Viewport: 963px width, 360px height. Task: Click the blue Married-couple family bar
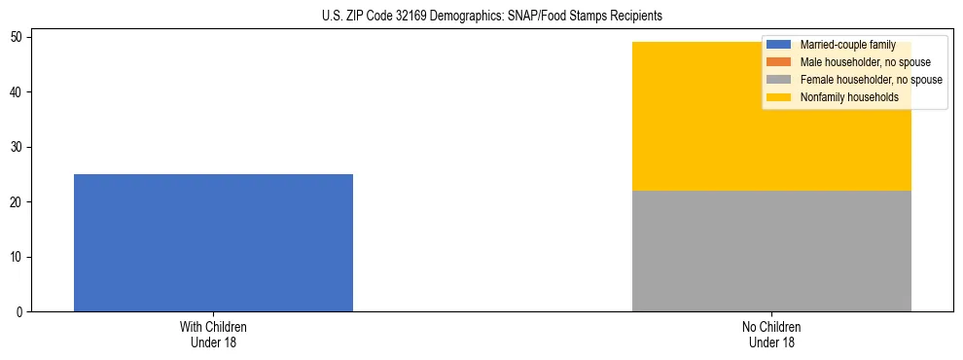tap(213, 243)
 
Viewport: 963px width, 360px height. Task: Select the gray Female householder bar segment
tap(771, 251)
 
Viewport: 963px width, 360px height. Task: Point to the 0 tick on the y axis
tap(21, 312)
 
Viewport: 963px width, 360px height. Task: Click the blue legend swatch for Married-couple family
tap(779, 45)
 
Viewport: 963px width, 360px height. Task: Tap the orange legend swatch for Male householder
tap(779, 62)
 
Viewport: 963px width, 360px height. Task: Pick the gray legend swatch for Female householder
tap(779, 80)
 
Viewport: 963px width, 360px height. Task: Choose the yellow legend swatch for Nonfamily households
tap(779, 97)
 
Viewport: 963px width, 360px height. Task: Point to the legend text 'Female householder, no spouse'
tap(871, 80)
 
